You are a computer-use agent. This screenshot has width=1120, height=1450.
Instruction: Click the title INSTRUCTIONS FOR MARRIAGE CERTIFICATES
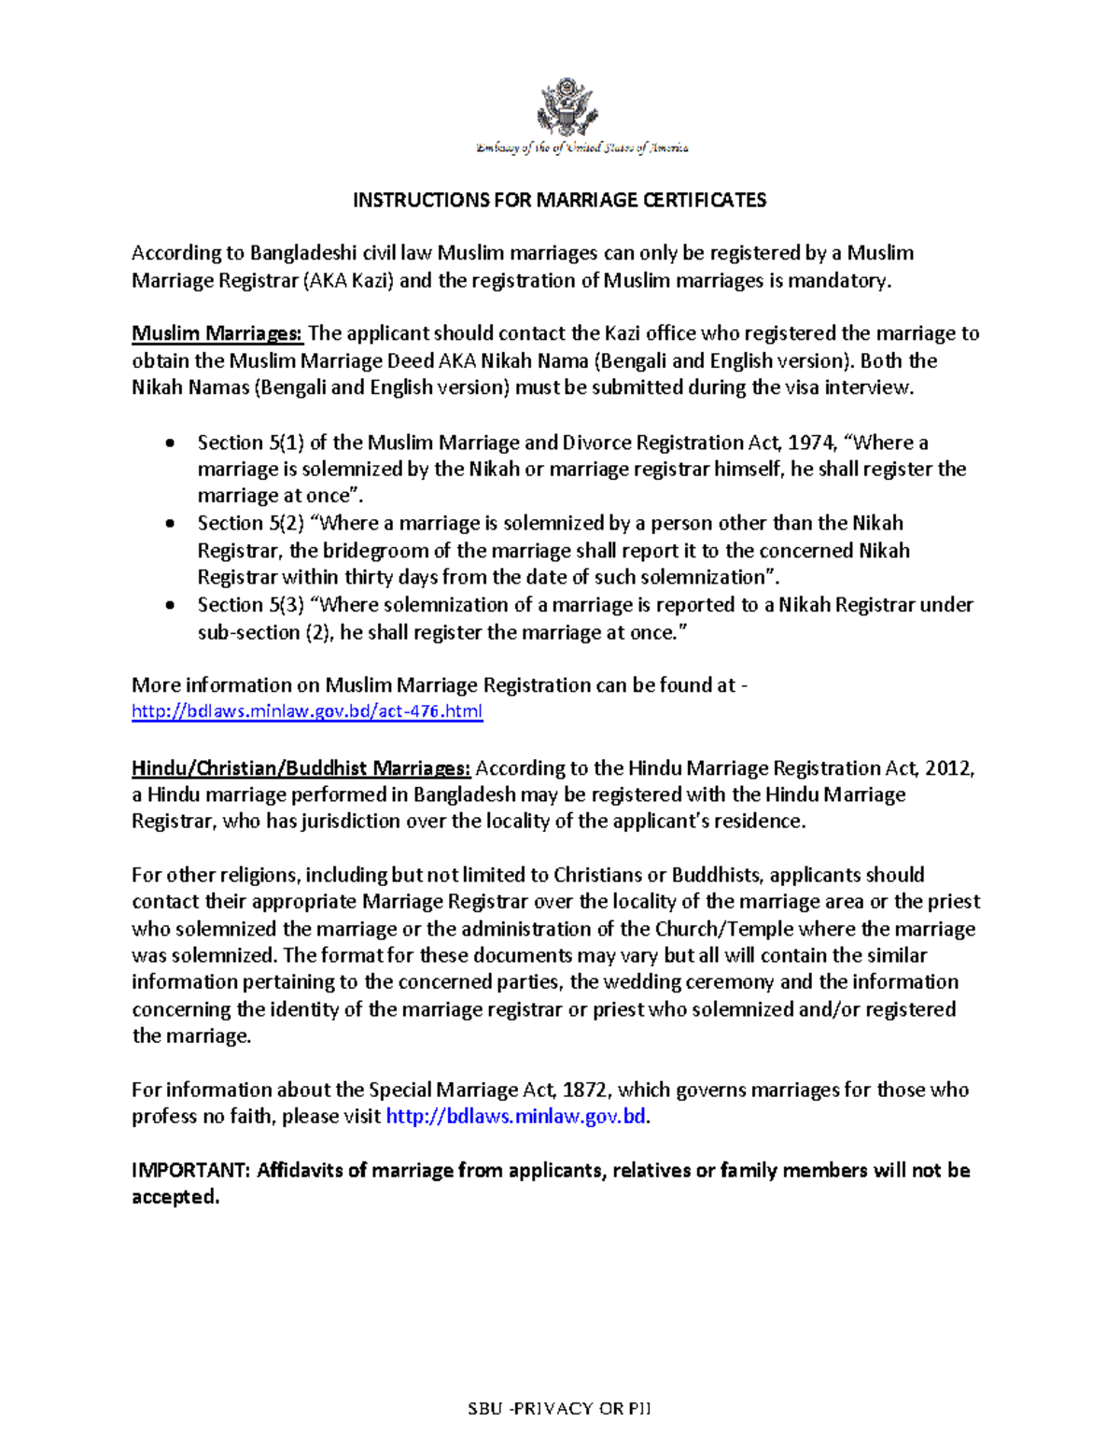(x=559, y=200)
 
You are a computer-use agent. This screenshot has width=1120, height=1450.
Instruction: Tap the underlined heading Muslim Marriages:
(x=217, y=333)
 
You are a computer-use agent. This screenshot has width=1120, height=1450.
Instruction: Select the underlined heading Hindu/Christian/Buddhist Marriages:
(x=301, y=768)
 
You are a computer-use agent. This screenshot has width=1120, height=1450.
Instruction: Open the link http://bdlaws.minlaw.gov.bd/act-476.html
(x=307, y=712)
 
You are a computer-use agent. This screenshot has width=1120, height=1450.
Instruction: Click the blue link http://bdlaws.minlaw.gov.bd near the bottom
(x=515, y=1117)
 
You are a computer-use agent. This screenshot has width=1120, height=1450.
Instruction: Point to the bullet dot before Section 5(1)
(x=169, y=443)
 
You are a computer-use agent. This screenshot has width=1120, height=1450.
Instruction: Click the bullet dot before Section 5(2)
(x=169, y=524)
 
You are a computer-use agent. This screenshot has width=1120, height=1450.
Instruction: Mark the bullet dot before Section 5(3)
(x=169, y=605)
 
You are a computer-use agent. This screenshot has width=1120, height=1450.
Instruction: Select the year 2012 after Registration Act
(x=952, y=768)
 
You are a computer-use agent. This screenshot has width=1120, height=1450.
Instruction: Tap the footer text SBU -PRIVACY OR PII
(x=559, y=1408)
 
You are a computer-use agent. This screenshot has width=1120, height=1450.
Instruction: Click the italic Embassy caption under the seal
(x=582, y=148)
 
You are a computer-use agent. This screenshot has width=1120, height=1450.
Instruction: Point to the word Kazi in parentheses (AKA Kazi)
(x=373, y=281)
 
